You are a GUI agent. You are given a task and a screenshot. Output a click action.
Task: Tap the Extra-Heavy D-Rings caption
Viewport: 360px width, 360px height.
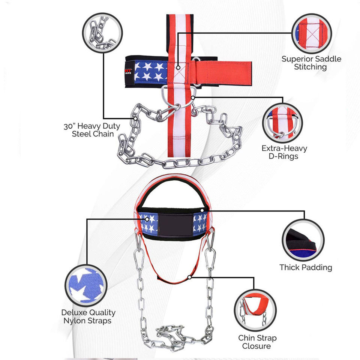(x=284, y=152)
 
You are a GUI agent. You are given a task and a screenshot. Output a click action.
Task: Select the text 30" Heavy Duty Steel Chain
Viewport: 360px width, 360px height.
(x=92, y=130)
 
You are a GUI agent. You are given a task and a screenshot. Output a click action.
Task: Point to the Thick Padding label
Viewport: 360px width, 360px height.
(x=306, y=267)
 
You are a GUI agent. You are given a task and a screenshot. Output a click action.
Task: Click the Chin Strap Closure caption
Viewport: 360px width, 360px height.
(x=257, y=342)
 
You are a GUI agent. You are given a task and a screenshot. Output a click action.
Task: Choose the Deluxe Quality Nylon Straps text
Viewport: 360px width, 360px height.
(x=88, y=316)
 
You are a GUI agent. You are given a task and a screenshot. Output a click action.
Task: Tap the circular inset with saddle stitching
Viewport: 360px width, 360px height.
(x=311, y=33)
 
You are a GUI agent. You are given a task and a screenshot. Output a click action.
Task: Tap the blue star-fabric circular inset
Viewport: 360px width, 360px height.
(x=86, y=283)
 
